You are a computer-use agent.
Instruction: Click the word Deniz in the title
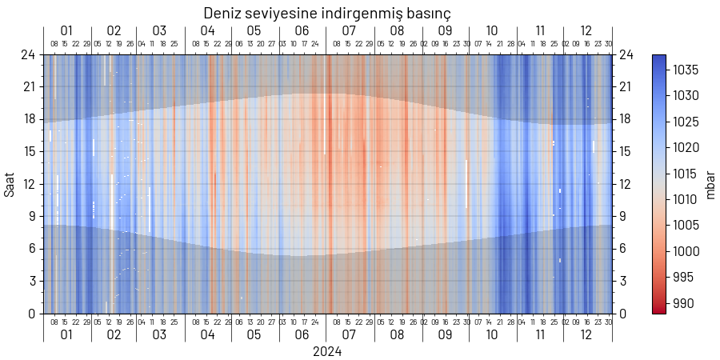point(222,14)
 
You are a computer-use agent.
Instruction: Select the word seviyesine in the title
point(283,14)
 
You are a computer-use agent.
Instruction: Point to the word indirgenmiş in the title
point(363,14)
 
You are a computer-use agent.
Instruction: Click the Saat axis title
point(10,184)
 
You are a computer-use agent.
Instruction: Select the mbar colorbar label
point(710,184)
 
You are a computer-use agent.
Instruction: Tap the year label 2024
point(327,351)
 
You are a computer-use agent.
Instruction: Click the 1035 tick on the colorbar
point(686,70)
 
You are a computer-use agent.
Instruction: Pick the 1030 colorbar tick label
point(686,96)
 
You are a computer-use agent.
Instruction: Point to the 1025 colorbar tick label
point(686,122)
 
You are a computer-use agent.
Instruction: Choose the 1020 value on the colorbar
point(686,148)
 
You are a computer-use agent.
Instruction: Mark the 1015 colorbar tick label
point(686,174)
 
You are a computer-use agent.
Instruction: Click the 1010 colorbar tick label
point(686,199)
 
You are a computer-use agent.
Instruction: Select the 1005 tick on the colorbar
point(686,226)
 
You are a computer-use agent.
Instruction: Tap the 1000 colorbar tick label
point(686,251)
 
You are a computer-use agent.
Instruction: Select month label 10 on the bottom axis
point(492,334)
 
